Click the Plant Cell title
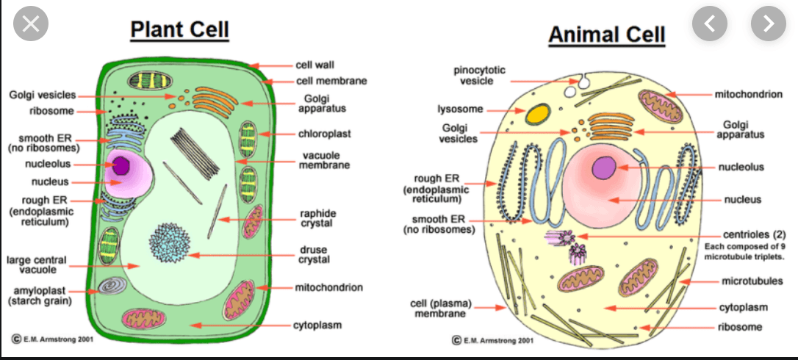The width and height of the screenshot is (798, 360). point(180,29)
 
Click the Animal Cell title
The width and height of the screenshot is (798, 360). point(606,34)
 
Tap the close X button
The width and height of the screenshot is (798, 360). point(29,24)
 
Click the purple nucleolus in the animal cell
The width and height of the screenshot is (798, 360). point(604,168)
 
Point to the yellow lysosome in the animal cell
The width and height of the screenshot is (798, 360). point(537,113)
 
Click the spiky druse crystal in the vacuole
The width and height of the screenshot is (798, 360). point(170,242)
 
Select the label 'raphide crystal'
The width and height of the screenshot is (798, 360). point(317,218)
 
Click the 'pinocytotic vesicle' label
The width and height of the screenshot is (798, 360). point(478,75)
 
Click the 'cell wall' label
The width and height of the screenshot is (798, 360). point(315,65)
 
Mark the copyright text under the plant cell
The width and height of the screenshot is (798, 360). point(51,338)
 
